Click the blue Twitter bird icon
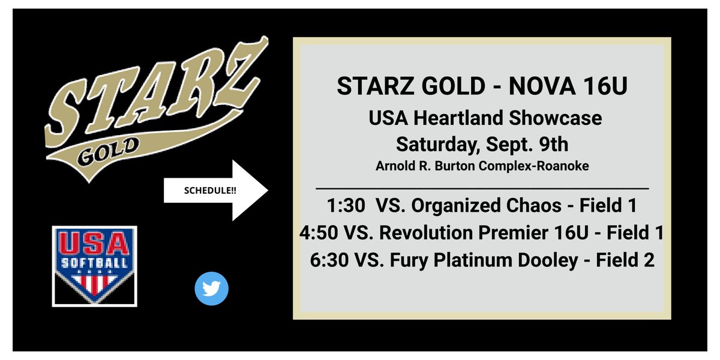(x=212, y=289)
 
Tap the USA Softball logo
(x=95, y=265)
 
